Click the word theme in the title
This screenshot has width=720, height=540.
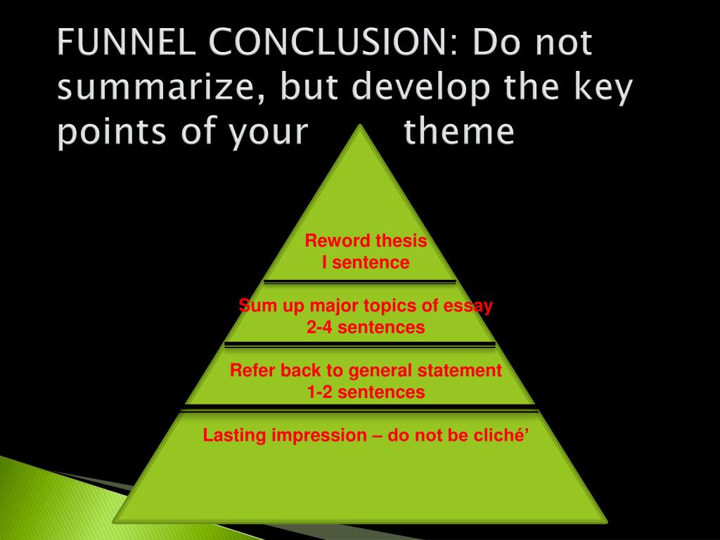459,133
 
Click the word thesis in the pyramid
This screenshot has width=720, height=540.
401,241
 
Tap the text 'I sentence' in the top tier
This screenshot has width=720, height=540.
365,263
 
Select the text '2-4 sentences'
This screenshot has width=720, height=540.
366,328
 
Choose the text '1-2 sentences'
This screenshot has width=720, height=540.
366,392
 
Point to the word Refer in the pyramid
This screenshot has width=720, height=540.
252,371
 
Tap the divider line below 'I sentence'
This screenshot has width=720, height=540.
360,282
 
